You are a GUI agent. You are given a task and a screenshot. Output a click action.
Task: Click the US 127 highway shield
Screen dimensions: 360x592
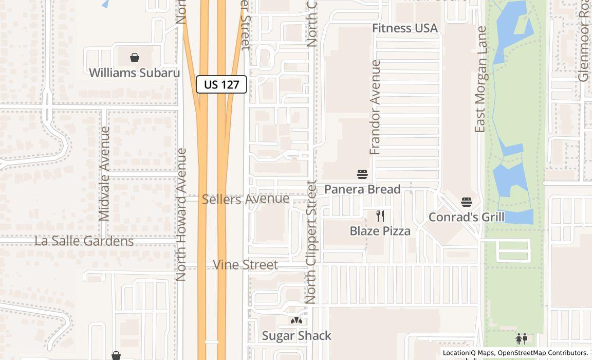221,84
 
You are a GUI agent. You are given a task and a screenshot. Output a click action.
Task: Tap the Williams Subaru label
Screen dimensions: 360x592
135,73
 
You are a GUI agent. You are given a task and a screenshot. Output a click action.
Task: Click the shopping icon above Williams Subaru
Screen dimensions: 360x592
135,57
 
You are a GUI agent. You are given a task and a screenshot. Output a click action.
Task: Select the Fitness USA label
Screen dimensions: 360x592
405,28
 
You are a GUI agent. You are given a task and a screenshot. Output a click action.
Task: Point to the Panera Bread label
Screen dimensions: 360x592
362,189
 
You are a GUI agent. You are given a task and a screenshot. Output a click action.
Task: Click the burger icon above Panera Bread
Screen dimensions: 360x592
362,174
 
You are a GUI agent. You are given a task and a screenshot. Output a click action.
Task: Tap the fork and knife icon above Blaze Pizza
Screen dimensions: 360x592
380,216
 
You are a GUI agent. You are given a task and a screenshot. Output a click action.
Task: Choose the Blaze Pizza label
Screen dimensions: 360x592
380,231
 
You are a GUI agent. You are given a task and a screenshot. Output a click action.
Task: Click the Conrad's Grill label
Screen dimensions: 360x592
467,217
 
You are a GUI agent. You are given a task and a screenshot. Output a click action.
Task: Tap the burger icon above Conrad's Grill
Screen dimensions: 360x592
467,202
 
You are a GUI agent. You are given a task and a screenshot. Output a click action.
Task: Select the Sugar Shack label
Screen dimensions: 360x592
297,336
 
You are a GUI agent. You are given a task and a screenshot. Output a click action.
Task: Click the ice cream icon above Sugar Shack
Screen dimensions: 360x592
297,321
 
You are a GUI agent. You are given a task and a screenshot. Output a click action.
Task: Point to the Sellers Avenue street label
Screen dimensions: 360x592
246,199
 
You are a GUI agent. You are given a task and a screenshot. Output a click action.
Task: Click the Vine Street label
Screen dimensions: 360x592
246,265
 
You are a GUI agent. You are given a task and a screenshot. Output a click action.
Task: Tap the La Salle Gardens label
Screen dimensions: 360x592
84,241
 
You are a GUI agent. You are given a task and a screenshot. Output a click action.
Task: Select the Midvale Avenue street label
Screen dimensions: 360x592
104,174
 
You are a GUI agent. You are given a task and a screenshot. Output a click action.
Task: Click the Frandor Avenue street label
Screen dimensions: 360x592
376,107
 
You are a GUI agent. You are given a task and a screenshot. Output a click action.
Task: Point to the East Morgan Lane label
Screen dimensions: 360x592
481,80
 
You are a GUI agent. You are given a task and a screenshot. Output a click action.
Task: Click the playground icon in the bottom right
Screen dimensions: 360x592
522,339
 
